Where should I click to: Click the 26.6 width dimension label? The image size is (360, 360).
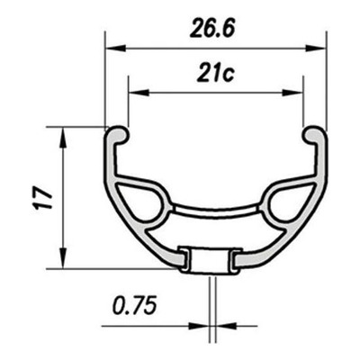(x=212, y=28)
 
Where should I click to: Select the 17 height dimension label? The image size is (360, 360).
(x=44, y=198)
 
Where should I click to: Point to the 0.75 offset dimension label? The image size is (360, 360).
(x=135, y=305)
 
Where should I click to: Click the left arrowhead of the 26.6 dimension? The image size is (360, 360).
(x=115, y=48)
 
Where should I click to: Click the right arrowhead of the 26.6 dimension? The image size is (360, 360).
(x=316, y=48)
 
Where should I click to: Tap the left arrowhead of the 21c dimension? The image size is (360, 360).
(x=139, y=93)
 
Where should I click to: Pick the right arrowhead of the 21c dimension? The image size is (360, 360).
(x=292, y=93)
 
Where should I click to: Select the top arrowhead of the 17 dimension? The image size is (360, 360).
(x=63, y=138)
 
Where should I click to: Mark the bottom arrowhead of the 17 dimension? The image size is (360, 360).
(x=63, y=258)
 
